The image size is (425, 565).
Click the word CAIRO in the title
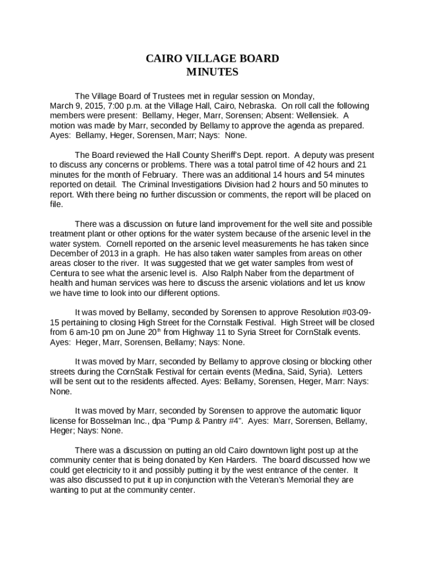[x=161, y=59]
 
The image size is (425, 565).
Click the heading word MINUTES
[x=212, y=72]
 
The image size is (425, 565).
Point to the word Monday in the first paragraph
[x=299, y=95]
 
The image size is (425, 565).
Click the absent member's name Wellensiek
[x=316, y=115]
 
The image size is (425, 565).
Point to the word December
[x=71, y=253]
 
